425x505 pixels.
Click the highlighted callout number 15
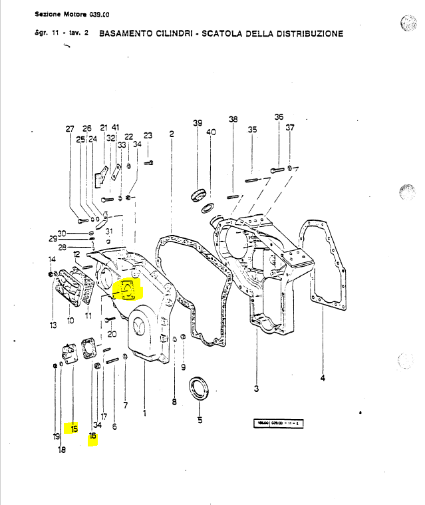(74, 428)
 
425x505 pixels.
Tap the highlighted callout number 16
(92, 436)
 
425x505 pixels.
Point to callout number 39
(198, 123)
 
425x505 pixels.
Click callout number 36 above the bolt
(279, 116)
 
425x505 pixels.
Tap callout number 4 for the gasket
(323, 379)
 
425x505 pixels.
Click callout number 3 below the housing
(255, 389)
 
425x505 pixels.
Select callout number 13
(53, 325)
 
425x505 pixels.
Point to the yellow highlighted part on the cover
(127, 289)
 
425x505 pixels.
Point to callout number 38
(233, 120)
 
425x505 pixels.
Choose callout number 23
(148, 135)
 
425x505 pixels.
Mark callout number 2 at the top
(171, 134)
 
